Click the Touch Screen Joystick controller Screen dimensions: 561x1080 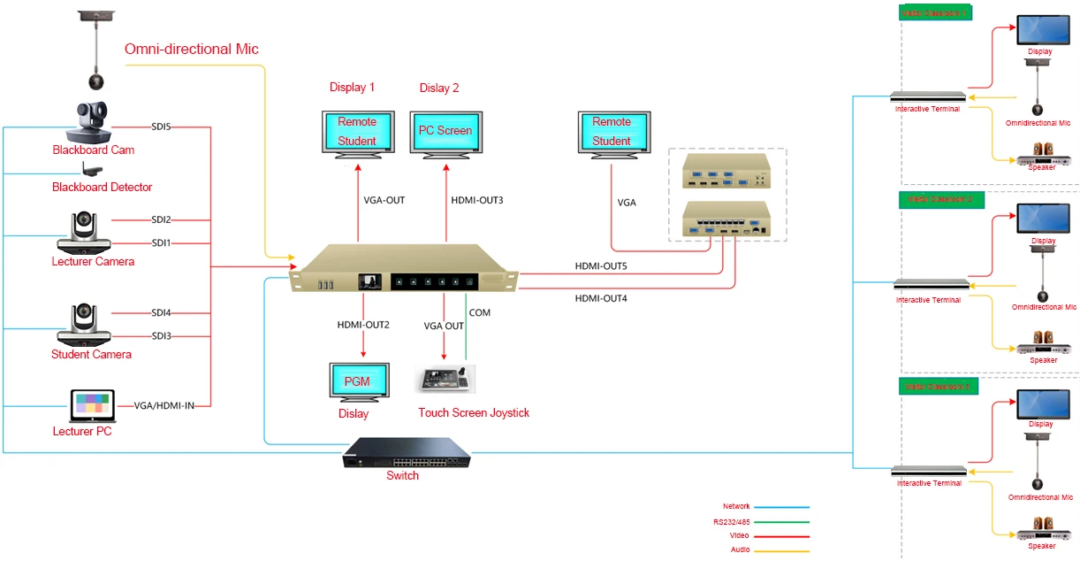445,378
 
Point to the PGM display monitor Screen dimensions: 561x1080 357,382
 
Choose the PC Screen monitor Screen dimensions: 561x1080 445,133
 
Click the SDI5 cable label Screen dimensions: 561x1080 161,127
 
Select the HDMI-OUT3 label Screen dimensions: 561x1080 476,200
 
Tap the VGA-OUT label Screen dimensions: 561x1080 384,200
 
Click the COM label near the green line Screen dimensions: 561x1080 479,312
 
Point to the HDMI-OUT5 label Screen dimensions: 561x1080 601,265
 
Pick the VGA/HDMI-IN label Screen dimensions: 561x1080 164,405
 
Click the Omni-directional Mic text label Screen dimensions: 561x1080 192,50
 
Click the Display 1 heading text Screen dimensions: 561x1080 352,88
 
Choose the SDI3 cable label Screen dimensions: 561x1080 161,335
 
